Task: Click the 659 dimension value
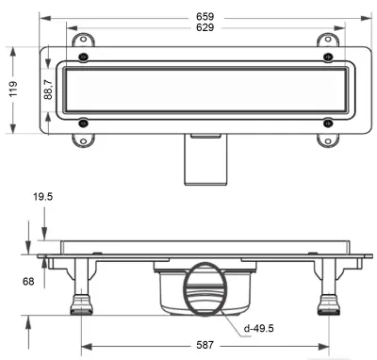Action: point(205,16)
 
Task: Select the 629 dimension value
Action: point(205,27)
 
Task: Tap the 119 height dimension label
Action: point(13,89)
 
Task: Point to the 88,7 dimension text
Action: point(48,90)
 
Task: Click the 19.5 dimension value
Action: point(43,197)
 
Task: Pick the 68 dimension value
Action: point(28,282)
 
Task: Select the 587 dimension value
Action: point(205,345)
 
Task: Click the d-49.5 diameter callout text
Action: point(259,329)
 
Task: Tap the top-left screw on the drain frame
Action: point(83,57)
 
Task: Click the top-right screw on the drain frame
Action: point(328,57)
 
